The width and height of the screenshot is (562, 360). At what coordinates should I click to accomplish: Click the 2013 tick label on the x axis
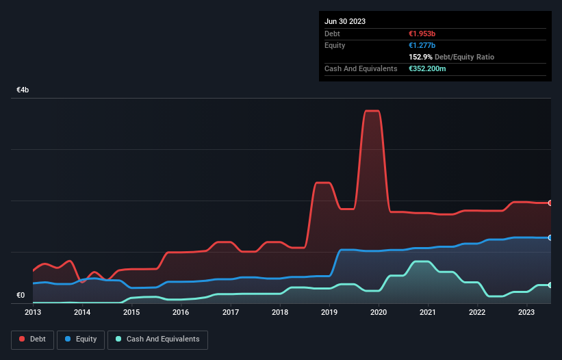[33, 312]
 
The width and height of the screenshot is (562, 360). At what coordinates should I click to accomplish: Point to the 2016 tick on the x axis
[181, 312]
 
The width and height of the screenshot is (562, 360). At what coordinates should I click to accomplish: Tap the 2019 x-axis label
[329, 312]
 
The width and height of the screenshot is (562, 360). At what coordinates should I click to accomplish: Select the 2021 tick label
[428, 312]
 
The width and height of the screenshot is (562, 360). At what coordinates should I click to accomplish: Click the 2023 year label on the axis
[526, 312]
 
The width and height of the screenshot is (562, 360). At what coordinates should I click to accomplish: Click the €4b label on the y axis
[23, 90]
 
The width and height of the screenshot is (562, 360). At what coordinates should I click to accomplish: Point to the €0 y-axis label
[21, 296]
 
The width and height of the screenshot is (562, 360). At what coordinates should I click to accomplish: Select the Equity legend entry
[81, 339]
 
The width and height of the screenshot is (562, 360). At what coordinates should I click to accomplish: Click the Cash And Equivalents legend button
[157, 339]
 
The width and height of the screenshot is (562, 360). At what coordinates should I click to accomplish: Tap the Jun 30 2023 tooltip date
[345, 21]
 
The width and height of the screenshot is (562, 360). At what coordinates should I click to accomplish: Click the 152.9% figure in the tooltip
[418, 57]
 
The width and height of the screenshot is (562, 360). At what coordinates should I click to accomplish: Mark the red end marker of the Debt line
[550, 203]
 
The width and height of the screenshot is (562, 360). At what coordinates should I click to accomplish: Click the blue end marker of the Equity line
[550, 237]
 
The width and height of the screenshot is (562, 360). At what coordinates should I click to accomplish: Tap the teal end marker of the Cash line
[550, 285]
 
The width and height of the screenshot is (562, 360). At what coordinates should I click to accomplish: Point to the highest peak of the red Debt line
[372, 111]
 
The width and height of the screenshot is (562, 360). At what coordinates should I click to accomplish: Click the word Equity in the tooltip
[335, 45]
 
